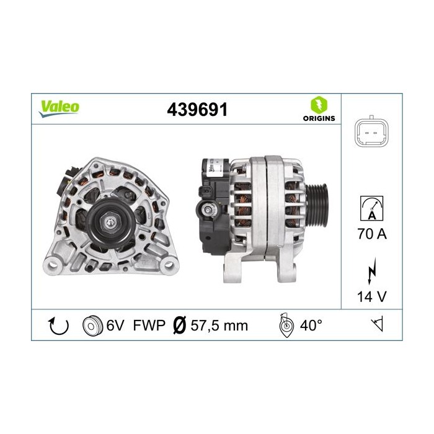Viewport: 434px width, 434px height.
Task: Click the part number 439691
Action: [197, 110]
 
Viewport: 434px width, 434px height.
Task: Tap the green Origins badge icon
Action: [319, 104]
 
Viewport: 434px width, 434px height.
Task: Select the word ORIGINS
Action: [319, 118]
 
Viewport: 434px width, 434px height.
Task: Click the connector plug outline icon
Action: [373, 131]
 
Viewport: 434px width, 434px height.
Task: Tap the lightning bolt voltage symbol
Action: [373, 273]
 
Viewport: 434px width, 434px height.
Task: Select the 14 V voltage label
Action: [373, 297]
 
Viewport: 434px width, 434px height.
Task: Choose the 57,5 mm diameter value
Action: [219, 325]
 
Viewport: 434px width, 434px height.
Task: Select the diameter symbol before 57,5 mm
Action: [179, 325]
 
